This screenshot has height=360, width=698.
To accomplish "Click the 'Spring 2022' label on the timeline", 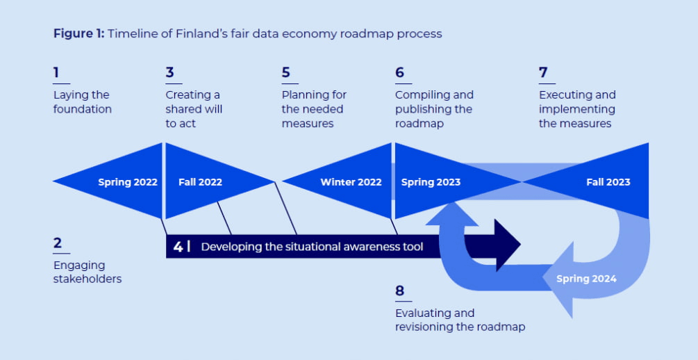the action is [x=128, y=182].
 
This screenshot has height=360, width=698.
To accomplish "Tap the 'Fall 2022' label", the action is [x=200, y=182].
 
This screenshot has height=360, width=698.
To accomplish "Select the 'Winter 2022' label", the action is [x=351, y=182].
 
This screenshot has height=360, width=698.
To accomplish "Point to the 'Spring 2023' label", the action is [x=431, y=182].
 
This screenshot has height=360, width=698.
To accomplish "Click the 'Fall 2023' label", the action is [x=608, y=182].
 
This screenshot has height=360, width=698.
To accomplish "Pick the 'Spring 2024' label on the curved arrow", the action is [x=586, y=279].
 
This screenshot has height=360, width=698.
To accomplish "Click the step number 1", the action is [x=56, y=72].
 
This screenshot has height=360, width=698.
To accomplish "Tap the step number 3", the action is [x=169, y=72].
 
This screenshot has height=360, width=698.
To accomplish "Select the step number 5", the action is [x=285, y=72].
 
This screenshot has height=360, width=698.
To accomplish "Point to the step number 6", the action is [x=400, y=72].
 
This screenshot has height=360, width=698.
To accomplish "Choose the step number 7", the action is [x=543, y=72].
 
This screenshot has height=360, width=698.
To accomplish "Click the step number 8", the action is [x=400, y=291].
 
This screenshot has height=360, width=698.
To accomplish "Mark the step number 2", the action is [x=58, y=243].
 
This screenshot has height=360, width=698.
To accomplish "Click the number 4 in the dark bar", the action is [x=178, y=247].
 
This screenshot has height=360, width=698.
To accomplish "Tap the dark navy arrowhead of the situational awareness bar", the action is [x=508, y=245].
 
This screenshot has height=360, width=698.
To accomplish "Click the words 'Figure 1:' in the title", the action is [x=78, y=34].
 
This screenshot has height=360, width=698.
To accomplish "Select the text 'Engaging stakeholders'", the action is [x=88, y=272].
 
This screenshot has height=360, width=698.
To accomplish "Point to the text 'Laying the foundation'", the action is [x=83, y=102].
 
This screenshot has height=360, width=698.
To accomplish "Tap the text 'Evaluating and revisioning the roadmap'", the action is [x=460, y=320].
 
